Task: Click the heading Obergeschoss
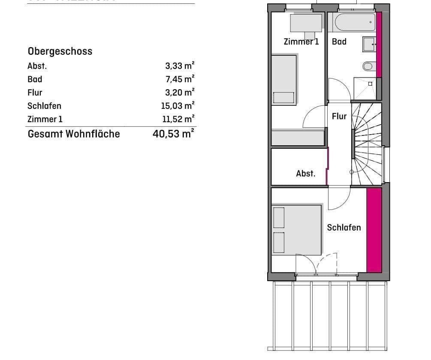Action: pos(60,51)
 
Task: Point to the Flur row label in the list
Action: pos(35,93)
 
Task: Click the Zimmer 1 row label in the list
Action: pos(45,119)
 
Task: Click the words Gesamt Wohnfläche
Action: pos(74,134)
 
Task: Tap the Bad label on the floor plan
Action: pos(339,42)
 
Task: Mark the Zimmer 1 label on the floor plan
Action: pos(301,42)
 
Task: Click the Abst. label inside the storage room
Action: pos(305,174)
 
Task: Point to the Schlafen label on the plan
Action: pos(344,228)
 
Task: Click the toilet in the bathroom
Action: pos(368,66)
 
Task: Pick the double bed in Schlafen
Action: pos(296,230)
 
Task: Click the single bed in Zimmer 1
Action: pos(283,79)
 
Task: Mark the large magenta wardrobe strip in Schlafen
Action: pos(374,230)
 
